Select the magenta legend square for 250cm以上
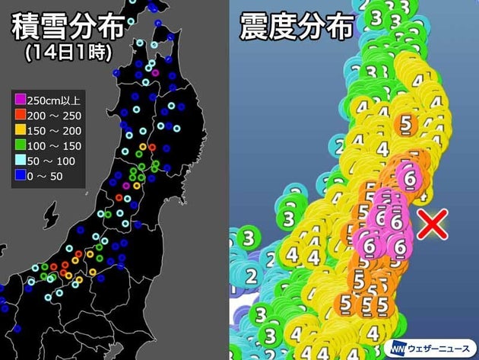pos(21,99)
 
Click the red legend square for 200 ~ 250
pos(21,115)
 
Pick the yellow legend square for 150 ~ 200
pos(21,130)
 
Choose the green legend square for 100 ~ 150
pos(21,146)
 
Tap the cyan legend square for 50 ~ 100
pos(21,161)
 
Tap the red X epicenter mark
pos(434,225)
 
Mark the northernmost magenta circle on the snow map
pos(155,73)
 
